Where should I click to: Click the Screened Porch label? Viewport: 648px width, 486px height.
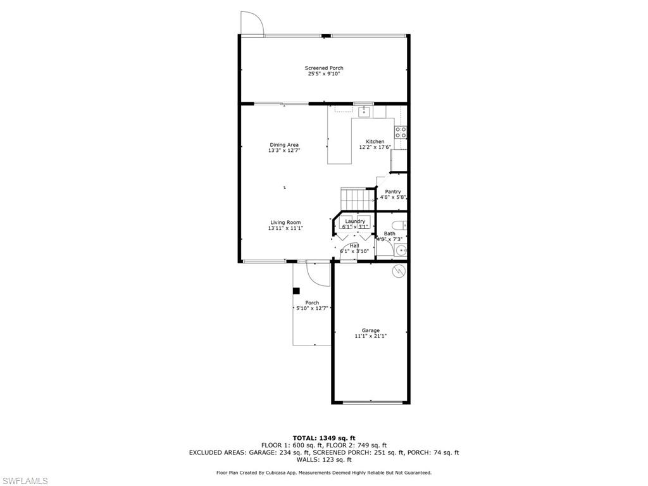point(324,68)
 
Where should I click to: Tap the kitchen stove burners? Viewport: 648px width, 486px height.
point(401,132)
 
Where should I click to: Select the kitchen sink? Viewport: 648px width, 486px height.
point(364,113)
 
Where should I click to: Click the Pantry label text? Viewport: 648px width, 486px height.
point(393,192)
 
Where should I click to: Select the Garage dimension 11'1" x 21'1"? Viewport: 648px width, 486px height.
point(371,337)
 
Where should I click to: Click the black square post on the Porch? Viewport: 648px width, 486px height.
point(296,291)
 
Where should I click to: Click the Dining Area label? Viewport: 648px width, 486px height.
point(284,145)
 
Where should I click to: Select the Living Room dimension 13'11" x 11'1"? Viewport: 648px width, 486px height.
point(285,228)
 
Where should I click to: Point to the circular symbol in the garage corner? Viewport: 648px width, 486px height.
point(399,271)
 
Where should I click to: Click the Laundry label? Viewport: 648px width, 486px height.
point(355,221)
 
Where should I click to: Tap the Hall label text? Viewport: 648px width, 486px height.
point(354,246)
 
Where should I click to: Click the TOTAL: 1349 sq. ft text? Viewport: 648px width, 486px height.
point(323,438)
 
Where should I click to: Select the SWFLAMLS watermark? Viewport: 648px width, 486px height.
point(25,481)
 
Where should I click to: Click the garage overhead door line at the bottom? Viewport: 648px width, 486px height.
point(371,402)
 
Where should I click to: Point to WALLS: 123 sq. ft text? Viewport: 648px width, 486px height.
point(323,460)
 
